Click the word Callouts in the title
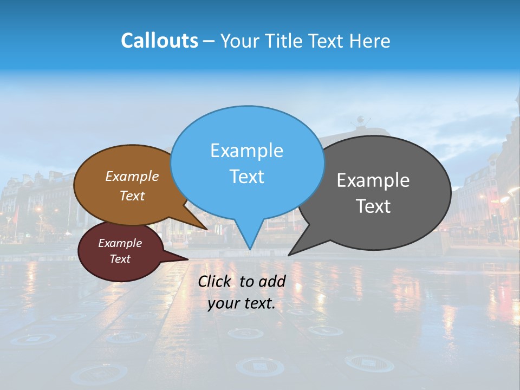click(x=159, y=41)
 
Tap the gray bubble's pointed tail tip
click(x=288, y=255)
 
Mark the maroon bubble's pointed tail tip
click(x=187, y=259)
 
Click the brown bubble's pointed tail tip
click(x=207, y=229)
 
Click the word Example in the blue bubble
click(x=246, y=150)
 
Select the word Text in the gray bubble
click(x=373, y=206)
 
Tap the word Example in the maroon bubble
click(x=120, y=243)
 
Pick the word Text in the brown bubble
click(x=132, y=196)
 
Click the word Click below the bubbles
click(x=214, y=281)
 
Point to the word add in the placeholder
click(x=271, y=281)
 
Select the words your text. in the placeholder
click(x=242, y=304)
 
